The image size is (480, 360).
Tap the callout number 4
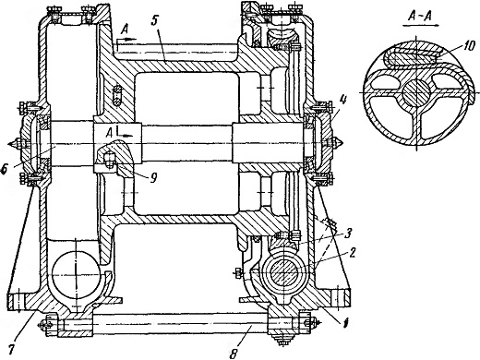tap(343, 101)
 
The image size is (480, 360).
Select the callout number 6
tap(4, 169)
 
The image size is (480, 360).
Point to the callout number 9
tap(153, 176)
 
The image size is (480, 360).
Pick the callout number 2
tap(353, 253)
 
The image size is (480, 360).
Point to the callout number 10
tap(467, 48)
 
